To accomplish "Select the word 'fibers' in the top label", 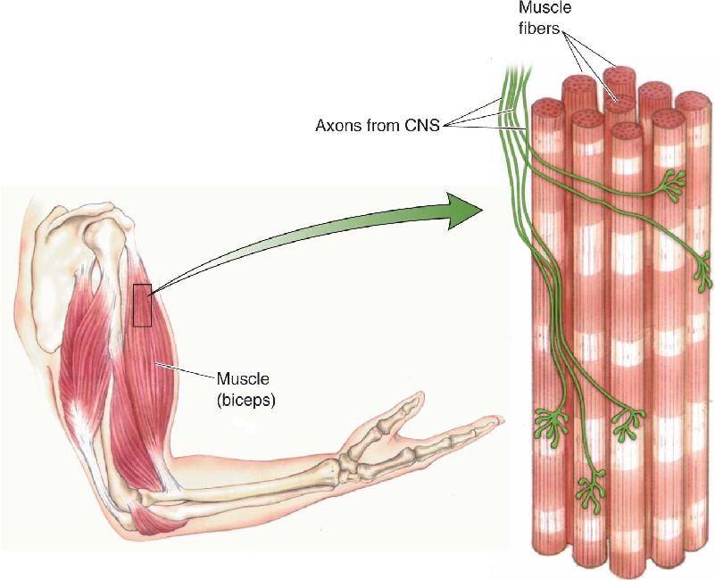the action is pos(539,29).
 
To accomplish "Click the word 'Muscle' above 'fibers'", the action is pos(545,8).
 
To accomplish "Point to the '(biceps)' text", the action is pos(246,400).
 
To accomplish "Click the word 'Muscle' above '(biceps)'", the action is pos(243,379).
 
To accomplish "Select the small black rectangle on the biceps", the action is pos(142,305).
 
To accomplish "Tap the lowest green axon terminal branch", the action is pos(592,491).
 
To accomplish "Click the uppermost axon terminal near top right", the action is pos(670,183).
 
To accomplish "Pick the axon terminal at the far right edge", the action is pos(703,274).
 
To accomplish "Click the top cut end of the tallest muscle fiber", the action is pos(619,74).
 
